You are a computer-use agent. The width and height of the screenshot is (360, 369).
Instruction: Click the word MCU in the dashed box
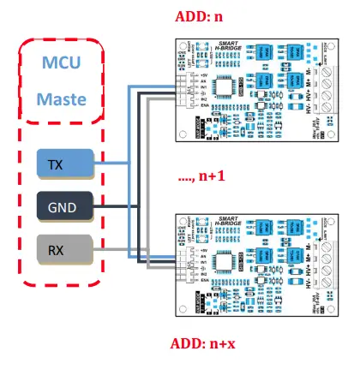coord(65,64)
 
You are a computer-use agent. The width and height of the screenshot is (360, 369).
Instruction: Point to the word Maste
coord(65,99)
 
